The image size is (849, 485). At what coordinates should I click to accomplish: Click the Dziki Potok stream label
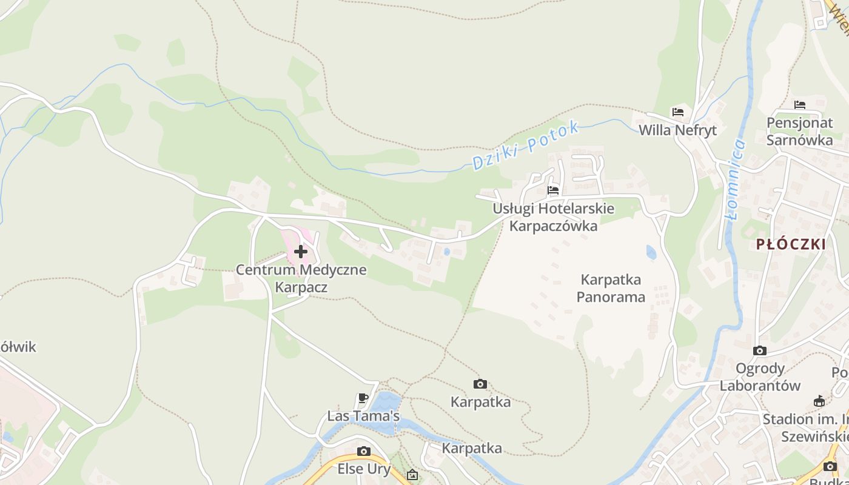(525, 145)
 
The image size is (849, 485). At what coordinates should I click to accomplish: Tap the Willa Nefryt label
(677, 130)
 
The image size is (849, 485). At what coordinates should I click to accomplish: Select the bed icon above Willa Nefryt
(678, 112)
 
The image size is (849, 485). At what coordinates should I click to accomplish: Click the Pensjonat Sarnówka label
(799, 131)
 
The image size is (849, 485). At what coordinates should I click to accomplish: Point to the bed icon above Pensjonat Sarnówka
(800, 105)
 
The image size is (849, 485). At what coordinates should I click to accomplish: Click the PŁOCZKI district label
(791, 244)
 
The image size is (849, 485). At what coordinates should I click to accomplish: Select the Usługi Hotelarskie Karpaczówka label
(553, 217)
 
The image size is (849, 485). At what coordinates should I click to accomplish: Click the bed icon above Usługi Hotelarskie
(553, 190)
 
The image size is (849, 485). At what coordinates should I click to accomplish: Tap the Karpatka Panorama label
(611, 288)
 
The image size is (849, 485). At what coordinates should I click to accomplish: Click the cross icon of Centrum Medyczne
(300, 251)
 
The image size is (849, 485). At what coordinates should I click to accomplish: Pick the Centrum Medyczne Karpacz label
(301, 278)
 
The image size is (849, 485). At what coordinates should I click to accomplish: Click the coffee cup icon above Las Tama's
(363, 398)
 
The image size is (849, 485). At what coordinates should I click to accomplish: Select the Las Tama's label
(363, 416)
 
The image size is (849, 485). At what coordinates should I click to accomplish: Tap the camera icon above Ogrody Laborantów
(759, 350)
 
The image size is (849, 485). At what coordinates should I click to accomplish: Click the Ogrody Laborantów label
(760, 376)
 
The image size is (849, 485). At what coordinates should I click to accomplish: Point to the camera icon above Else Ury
(364, 451)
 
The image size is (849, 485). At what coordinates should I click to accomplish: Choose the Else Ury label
(364, 469)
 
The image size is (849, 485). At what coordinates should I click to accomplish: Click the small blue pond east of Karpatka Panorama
(651, 252)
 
